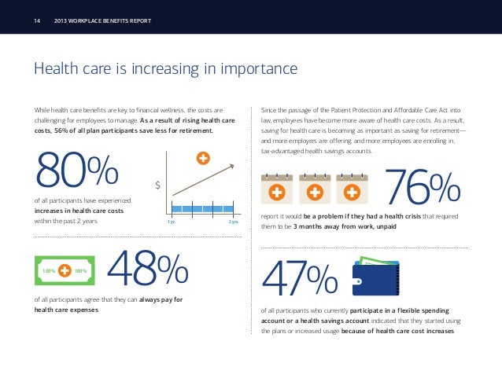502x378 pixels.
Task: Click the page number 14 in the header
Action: tap(37, 20)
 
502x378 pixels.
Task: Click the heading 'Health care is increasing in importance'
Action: tap(165, 69)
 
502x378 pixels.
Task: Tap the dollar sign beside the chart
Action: tap(158, 185)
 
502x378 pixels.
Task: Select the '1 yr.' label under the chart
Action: tap(171, 222)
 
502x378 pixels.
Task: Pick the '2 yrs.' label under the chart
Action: tap(234, 222)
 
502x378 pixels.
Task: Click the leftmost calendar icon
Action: tap(276, 189)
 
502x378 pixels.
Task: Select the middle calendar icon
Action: tap(314, 189)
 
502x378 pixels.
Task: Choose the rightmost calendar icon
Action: tap(352, 189)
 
